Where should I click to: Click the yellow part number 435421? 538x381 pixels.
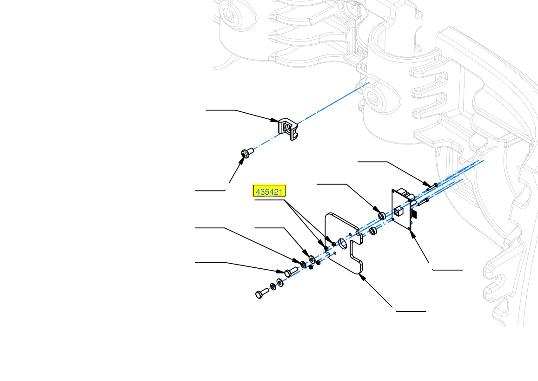coord(269,191)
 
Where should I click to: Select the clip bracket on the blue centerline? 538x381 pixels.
coord(288,129)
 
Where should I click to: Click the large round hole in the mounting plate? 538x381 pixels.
coord(342,243)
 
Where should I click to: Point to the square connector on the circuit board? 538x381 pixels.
coord(399,211)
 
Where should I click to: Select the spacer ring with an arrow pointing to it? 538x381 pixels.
coord(382,216)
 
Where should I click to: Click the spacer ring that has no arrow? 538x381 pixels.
coord(373,231)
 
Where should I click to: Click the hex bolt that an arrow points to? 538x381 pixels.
coord(291,272)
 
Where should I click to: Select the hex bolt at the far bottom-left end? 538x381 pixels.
coord(262,293)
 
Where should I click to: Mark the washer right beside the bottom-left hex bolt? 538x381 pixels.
coord(273,286)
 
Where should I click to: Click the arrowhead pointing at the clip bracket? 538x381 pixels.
coord(275,120)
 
